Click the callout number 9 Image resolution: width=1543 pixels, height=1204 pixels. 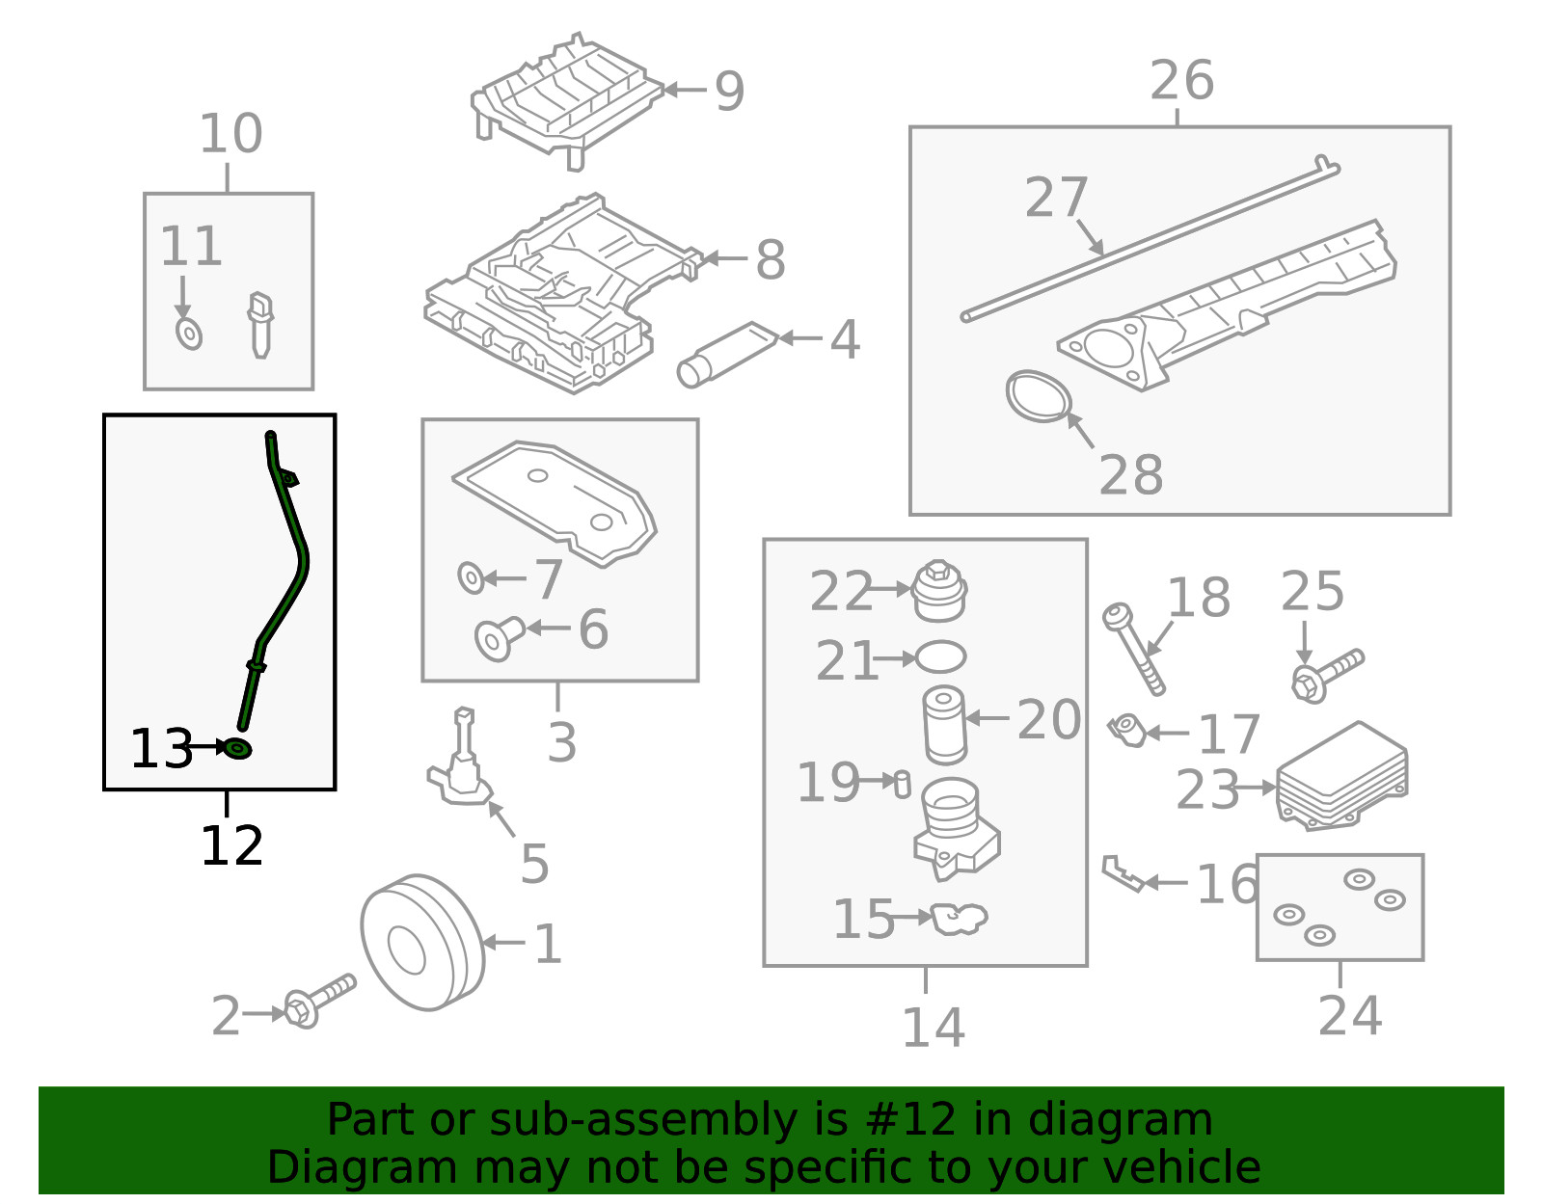coord(729,91)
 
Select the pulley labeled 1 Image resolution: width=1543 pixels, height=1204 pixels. coord(421,942)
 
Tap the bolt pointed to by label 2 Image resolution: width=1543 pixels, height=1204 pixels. coord(319,1001)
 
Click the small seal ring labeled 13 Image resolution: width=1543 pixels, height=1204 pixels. coord(237,748)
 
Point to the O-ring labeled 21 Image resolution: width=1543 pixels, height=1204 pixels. coord(939,656)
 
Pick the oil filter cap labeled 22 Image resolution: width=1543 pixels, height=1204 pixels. coord(938,591)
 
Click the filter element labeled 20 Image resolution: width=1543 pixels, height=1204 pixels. coord(944,724)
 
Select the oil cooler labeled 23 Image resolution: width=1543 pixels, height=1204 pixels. coord(1341,776)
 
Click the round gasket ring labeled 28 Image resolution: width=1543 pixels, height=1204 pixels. coord(1038,396)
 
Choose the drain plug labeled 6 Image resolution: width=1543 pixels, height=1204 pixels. coord(500,638)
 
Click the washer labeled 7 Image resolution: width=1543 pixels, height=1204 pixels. coord(471,577)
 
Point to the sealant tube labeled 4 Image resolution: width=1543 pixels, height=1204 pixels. coord(727,355)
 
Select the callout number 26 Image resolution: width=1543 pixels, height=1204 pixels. coord(1181,80)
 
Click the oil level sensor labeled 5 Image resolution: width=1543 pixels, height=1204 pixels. coord(460,758)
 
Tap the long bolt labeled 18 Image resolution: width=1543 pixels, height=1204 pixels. coord(1134,649)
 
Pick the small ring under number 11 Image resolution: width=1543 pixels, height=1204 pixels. coord(189,334)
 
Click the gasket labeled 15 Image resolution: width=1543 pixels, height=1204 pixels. coord(959,919)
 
